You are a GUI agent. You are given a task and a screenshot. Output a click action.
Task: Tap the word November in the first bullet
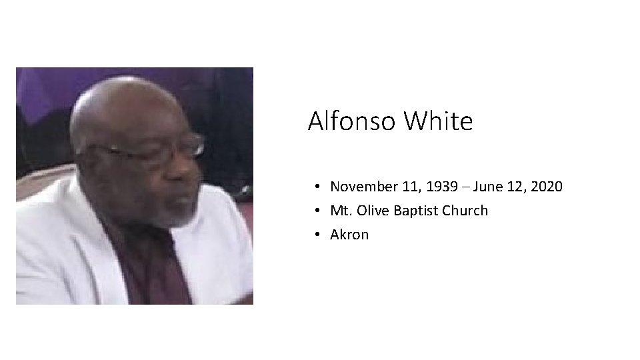point(364,187)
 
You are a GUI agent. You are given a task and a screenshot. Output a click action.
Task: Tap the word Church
point(467,211)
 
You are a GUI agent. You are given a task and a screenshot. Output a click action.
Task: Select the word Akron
point(349,235)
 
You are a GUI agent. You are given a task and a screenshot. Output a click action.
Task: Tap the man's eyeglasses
point(160,148)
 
